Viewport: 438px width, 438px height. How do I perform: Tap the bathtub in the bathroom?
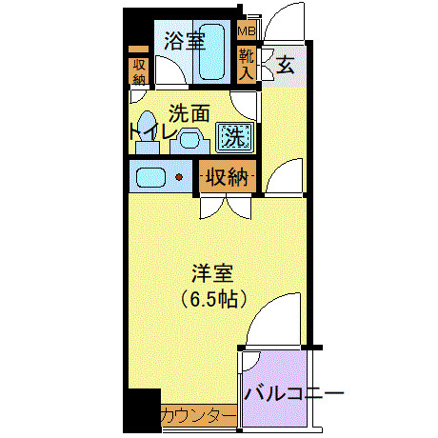tap(210, 54)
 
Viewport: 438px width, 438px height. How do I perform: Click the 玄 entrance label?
tap(285, 66)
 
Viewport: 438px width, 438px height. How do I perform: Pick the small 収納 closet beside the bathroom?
tap(139, 71)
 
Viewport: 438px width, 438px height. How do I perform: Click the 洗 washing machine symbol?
tap(232, 137)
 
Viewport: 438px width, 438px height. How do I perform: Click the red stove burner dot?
tap(178, 177)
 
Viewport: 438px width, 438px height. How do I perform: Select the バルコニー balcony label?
tap(291, 393)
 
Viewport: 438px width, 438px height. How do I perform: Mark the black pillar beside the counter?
tap(143, 411)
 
